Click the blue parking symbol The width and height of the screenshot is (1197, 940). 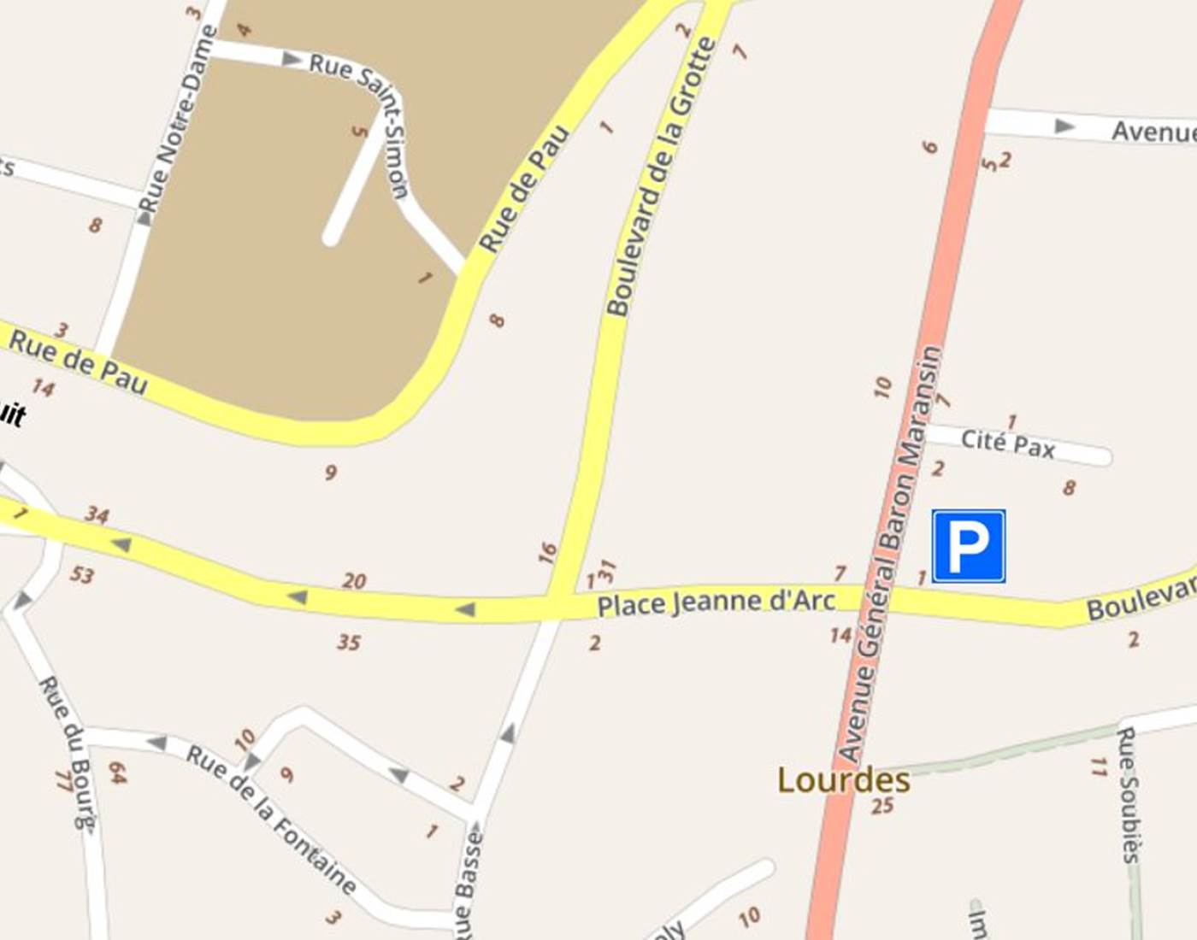pos(968,546)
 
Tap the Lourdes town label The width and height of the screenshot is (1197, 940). pos(843,780)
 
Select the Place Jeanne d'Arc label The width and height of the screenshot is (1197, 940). pos(716,602)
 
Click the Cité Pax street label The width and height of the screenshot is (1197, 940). pos(1008,443)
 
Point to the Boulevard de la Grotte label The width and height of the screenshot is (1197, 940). pos(659,177)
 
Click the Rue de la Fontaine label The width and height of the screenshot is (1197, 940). pos(271,819)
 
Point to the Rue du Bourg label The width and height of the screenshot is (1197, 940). pos(68,752)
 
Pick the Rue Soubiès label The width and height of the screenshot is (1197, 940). pos(1129,795)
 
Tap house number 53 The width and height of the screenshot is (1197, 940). pos(82,574)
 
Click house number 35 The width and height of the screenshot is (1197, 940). pos(349,642)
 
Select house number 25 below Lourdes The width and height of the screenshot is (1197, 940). pos(882,805)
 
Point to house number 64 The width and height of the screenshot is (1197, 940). pos(117,773)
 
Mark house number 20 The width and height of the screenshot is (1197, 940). pos(354,581)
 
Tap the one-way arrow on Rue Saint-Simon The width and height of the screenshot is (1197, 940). pos(292,60)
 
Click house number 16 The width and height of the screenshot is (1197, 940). pos(547,553)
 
